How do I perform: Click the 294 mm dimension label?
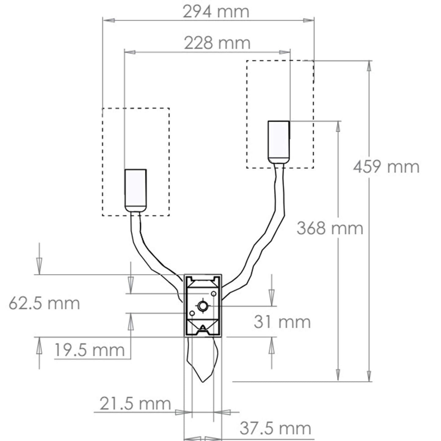click(x=216, y=12)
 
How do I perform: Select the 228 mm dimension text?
click(x=217, y=43)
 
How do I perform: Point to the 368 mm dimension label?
click(x=330, y=228)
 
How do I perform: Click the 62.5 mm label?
click(x=44, y=303)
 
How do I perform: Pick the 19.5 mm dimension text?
click(x=89, y=350)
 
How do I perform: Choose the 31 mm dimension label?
click(x=282, y=322)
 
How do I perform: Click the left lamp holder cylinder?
click(x=136, y=191)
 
